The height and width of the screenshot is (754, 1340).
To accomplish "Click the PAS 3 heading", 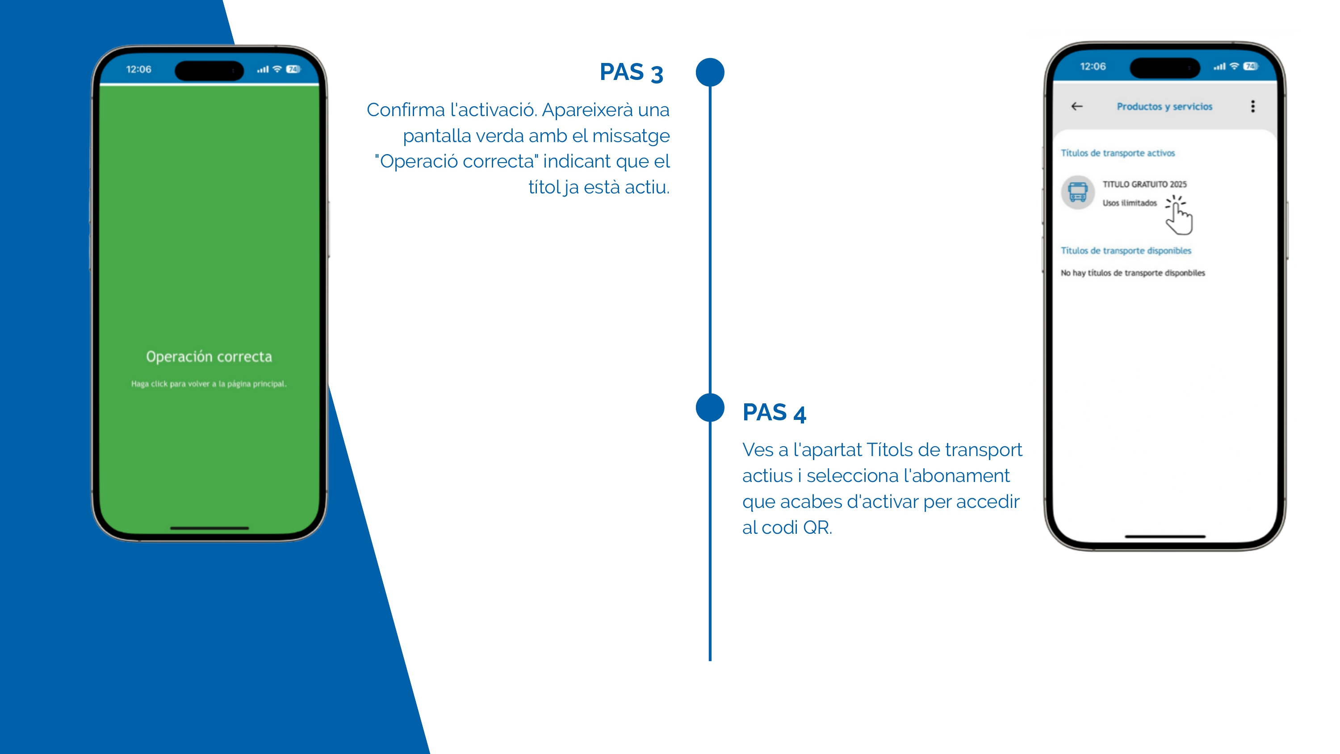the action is pyautogui.click(x=631, y=72).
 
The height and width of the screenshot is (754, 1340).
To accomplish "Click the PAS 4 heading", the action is pyautogui.click(x=774, y=413).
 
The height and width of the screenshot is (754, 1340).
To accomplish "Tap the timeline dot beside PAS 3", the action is pyautogui.click(x=710, y=72).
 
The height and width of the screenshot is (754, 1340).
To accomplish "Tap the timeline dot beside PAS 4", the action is pyautogui.click(x=710, y=407).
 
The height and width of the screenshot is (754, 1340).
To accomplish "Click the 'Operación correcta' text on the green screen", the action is pyautogui.click(x=209, y=356).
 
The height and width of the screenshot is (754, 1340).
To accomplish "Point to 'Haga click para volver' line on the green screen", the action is pyautogui.click(x=209, y=384).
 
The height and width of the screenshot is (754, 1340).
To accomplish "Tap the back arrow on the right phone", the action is pyautogui.click(x=1077, y=106).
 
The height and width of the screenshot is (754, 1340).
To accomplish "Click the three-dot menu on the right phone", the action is pyautogui.click(x=1252, y=106).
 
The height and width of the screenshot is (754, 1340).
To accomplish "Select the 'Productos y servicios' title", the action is pyautogui.click(x=1164, y=107).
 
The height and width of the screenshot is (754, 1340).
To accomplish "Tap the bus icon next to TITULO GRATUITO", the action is pyautogui.click(x=1078, y=192).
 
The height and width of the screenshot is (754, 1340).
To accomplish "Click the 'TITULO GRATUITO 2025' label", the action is pyautogui.click(x=1144, y=184).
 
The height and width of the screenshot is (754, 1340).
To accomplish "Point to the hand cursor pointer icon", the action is pyautogui.click(x=1179, y=215).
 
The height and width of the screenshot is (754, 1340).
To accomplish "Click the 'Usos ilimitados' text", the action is pyautogui.click(x=1129, y=203).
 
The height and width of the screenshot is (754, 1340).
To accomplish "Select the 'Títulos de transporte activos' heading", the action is pyautogui.click(x=1118, y=153).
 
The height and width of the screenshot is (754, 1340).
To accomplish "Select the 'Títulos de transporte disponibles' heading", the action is pyautogui.click(x=1126, y=251).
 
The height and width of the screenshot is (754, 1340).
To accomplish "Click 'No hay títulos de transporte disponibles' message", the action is pyautogui.click(x=1133, y=272).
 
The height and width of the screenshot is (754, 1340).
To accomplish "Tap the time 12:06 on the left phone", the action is pyautogui.click(x=138, y=69).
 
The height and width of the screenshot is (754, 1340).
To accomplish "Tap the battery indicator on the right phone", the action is pyautogui.click(x=1251, y=66).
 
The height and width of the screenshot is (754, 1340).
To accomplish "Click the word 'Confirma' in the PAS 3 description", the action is pyautogui.click(x=406, y=110).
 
